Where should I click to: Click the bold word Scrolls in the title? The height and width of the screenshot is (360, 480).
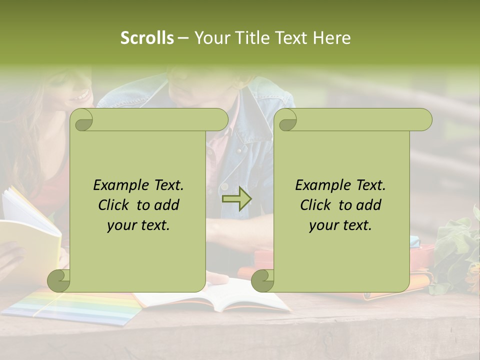[147, 38]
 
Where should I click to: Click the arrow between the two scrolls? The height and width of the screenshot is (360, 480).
[236, 199]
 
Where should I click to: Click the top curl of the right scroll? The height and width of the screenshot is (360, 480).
[287, 120]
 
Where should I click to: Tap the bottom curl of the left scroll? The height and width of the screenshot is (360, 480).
[58, 281]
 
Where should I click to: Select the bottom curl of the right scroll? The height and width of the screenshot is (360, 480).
[261, 281]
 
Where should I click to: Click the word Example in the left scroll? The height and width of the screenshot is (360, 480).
[118, 185]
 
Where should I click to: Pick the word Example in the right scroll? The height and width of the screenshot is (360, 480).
[320, 185]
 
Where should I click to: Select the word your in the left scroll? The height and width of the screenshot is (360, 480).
[120, 225]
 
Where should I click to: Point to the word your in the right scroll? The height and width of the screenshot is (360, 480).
[322, 225]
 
